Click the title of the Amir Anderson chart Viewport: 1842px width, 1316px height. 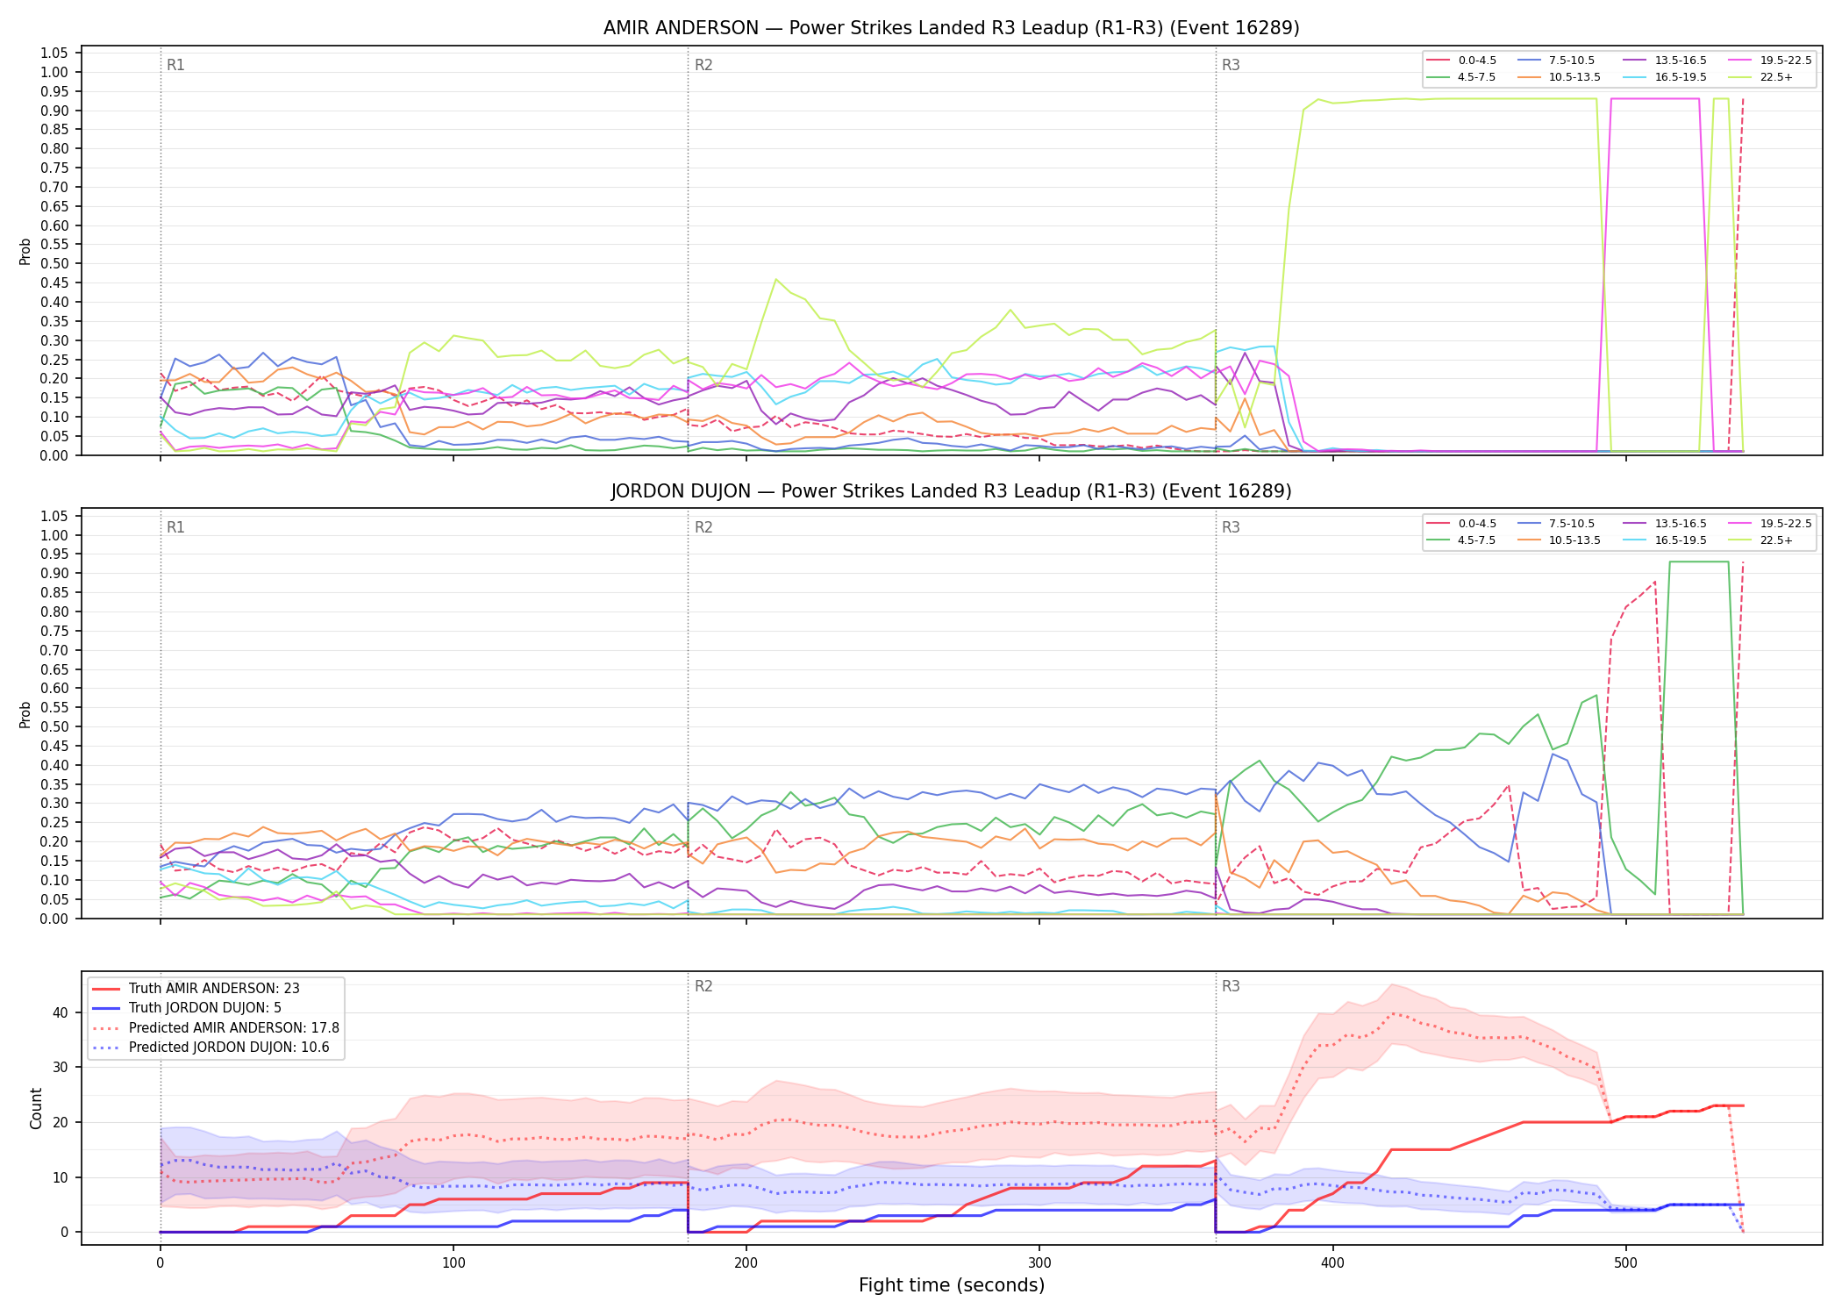[951, 28]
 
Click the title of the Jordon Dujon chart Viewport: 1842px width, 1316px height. [951, 491]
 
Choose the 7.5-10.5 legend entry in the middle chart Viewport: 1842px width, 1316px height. [1556, 524]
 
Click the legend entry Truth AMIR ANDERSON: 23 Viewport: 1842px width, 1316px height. [196, 989]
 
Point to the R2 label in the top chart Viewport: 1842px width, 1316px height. [703, 65]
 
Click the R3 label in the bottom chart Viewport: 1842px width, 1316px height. [1231, 986]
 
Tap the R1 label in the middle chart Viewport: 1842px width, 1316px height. [175, 527]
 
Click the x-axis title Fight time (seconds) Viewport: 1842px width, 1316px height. [952, 1285]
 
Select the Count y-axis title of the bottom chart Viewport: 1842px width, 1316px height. [36, 1108]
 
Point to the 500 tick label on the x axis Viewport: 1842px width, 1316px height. [1625, 1263]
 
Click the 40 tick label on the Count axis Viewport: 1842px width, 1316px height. [60, 1012]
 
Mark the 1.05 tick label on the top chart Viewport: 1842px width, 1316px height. [54, 54]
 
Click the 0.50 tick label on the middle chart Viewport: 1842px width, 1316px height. [54, 726]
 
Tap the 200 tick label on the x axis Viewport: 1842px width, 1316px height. [746, 1263]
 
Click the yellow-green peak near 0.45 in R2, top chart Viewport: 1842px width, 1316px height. [776, 279]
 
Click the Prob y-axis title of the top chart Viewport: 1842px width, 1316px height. [25, 252]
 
